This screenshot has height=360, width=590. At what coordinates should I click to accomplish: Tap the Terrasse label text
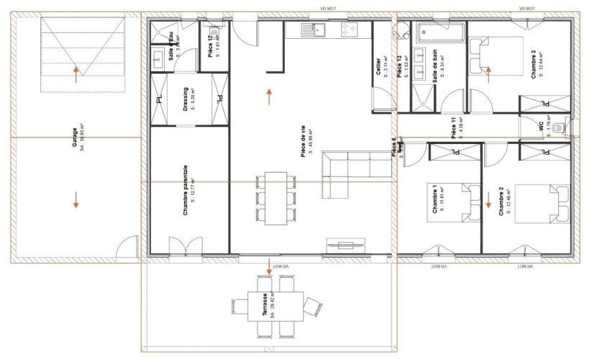[x=265, y=306]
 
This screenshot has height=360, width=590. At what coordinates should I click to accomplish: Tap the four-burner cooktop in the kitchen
[x=350, y=30]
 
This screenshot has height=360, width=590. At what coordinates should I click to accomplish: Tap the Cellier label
[x=378, y=67]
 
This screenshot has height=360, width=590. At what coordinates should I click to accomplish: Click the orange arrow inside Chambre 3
[x=488, y=71]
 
